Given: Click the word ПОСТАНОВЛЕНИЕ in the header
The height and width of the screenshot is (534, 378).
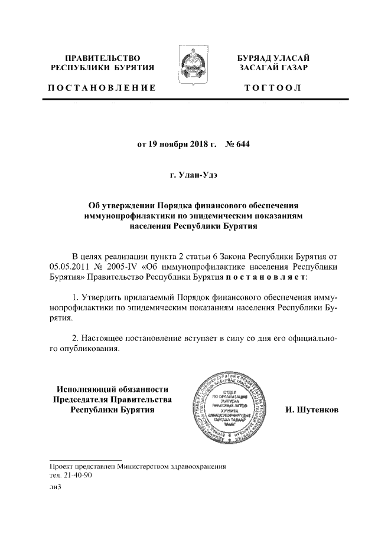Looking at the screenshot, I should (102, 88).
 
